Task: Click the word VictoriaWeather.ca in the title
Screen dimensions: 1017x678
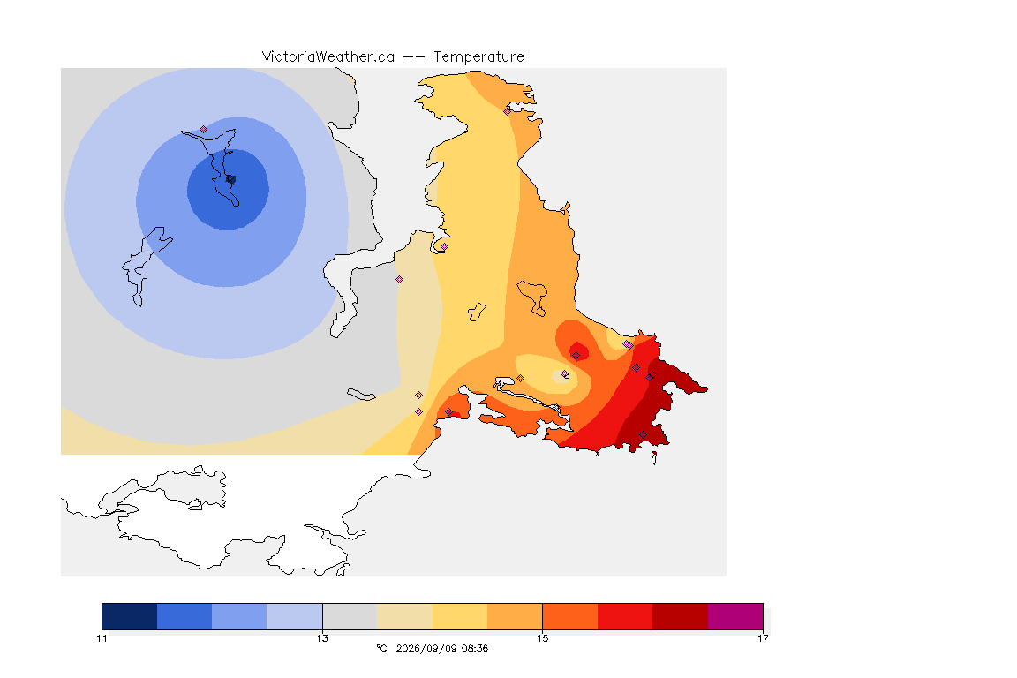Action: coord(328,57)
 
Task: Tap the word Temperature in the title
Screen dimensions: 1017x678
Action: coord(478,57)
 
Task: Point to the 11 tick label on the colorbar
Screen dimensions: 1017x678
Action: coord(102,638)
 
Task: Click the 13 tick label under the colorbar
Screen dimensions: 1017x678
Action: coord(322,638)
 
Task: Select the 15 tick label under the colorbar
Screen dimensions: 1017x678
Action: coord(542,638)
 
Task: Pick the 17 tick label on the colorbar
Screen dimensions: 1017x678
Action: coord(763,638)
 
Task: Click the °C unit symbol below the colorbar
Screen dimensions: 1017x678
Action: coord(381,648)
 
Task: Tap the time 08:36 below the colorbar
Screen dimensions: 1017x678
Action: coord(475,648)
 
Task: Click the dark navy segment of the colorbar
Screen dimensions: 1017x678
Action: coord(130,616)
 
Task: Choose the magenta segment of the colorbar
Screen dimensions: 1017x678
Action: coord(735,616)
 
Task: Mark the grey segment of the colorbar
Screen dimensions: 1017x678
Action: coord(350,616)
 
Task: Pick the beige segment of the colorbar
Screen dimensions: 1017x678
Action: coord(404,616)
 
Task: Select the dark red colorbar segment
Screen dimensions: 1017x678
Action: coord(681,616)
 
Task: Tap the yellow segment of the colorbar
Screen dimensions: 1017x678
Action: coord(460,616)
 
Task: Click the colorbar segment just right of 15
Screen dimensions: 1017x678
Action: coord(570,616)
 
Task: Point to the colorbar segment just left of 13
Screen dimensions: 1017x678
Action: coord(295,616)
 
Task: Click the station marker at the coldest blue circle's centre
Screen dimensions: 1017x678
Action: coord(230,178)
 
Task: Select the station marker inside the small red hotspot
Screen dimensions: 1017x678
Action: coord(576,355)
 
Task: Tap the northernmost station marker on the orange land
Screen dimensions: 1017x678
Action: coord(508,111)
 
